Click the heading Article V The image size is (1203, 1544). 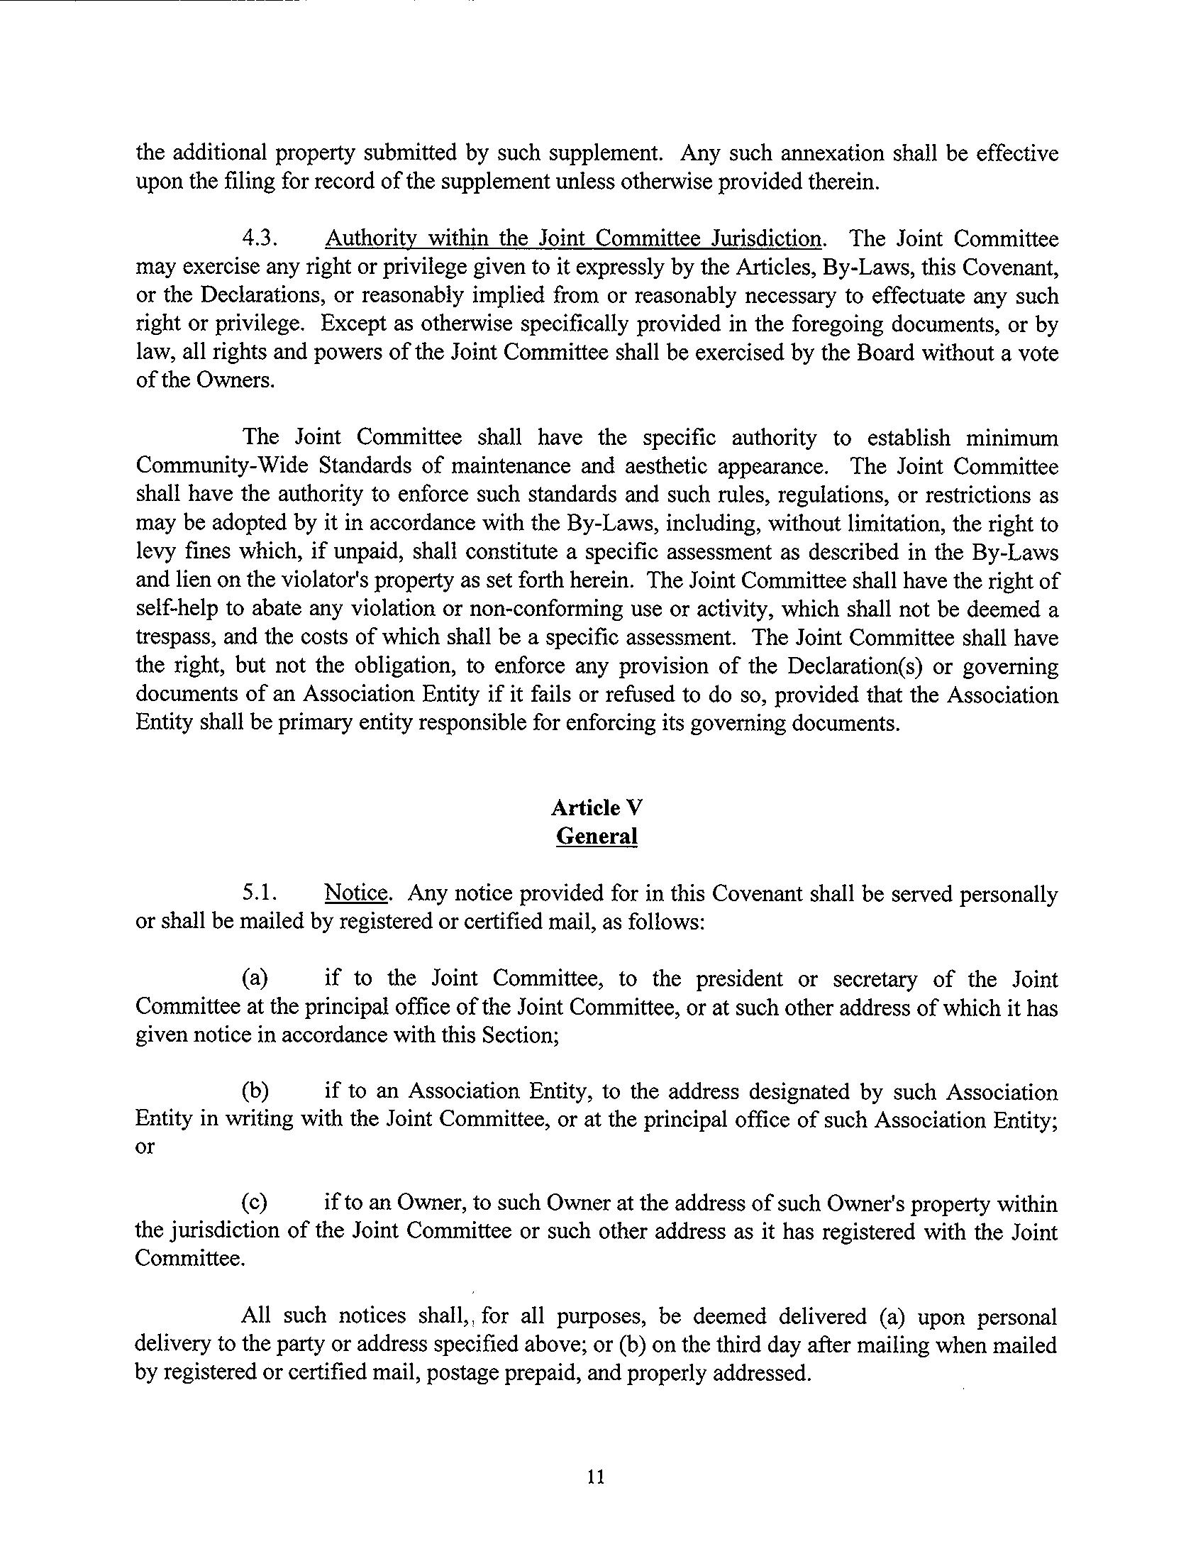pos(597,807)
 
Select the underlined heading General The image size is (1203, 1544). pos(597,836)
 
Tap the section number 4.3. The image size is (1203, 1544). pos(258,239)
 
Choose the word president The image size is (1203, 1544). pos(740,979)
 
